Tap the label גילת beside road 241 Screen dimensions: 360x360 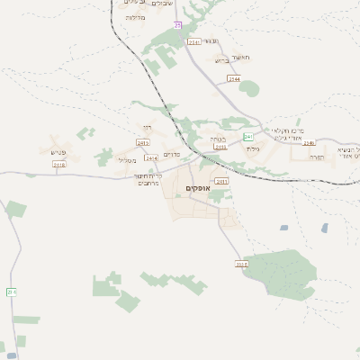(x=253, y=148)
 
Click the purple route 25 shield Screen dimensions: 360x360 (x=178, y=24)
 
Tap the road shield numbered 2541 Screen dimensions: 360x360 (x=193, y=41)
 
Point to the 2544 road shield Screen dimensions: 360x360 (x=234, y=79)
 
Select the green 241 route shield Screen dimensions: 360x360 (x=248, y=137)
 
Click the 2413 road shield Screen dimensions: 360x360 (x=143, y=142)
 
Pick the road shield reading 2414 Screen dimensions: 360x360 (x=151, y=158)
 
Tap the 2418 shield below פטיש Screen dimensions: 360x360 (x=59, y=165)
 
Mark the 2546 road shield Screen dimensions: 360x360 (x=310, y=142)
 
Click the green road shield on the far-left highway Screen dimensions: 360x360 (x=12, y=292)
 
